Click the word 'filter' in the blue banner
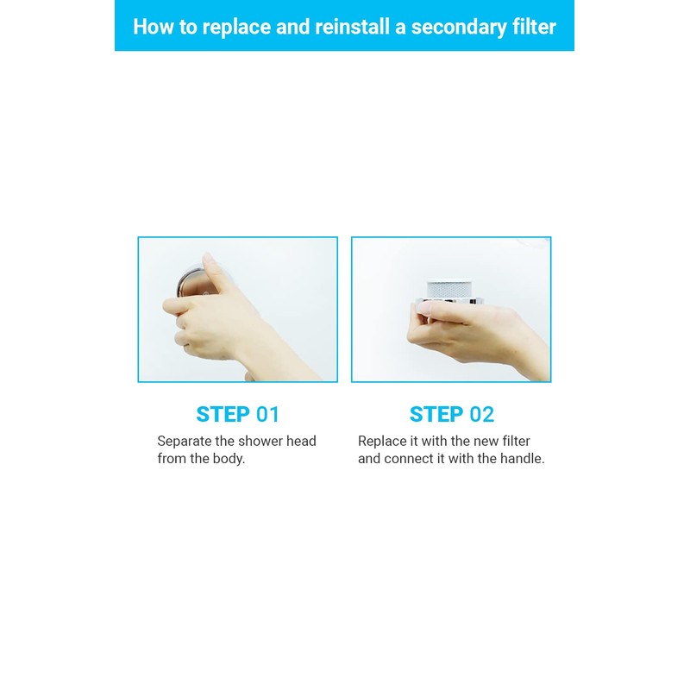click(x=531, y=26)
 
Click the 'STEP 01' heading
click(x=238, y=414)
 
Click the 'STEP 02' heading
click(x=452, y=414)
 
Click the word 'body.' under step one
click(x=229, y=459)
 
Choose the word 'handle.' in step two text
click(x=523, y=459)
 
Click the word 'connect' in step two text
click(x=410, y=459)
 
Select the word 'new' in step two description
click(x=486, y=441)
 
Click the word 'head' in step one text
click(x=303, y=441)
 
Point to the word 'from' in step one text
click(x=171, y=459)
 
